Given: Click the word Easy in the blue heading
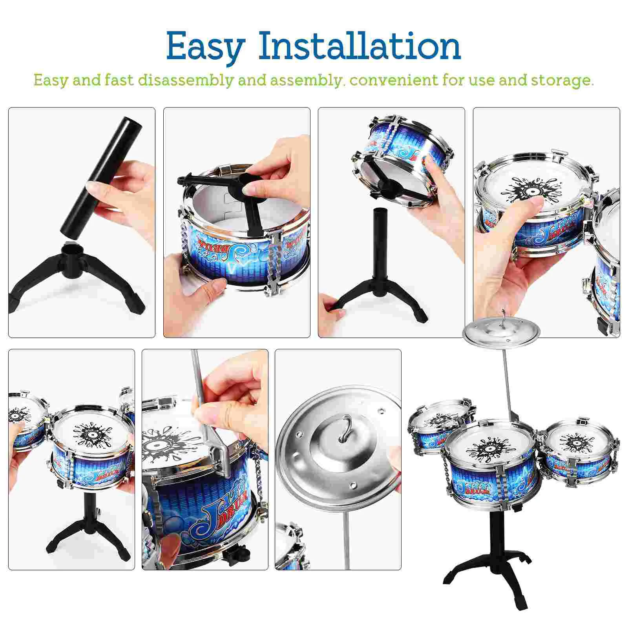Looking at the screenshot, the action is [x=205, y=46].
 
